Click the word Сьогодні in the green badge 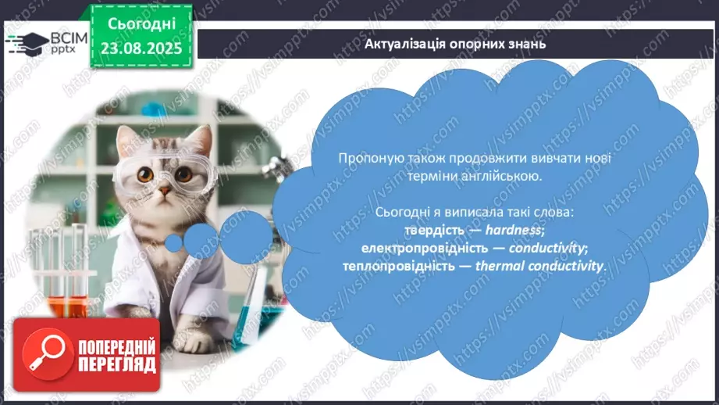tap(141, 23)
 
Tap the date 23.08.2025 tap(141, 48)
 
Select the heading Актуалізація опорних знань tap(455, 44)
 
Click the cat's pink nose tap(164, 190)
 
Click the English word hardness tap(513, 230)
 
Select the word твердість tap(434, 230)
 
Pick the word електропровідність tap(425, 248)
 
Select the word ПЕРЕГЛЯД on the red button tap(117, 365)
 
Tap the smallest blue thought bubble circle tap(174, 243)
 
